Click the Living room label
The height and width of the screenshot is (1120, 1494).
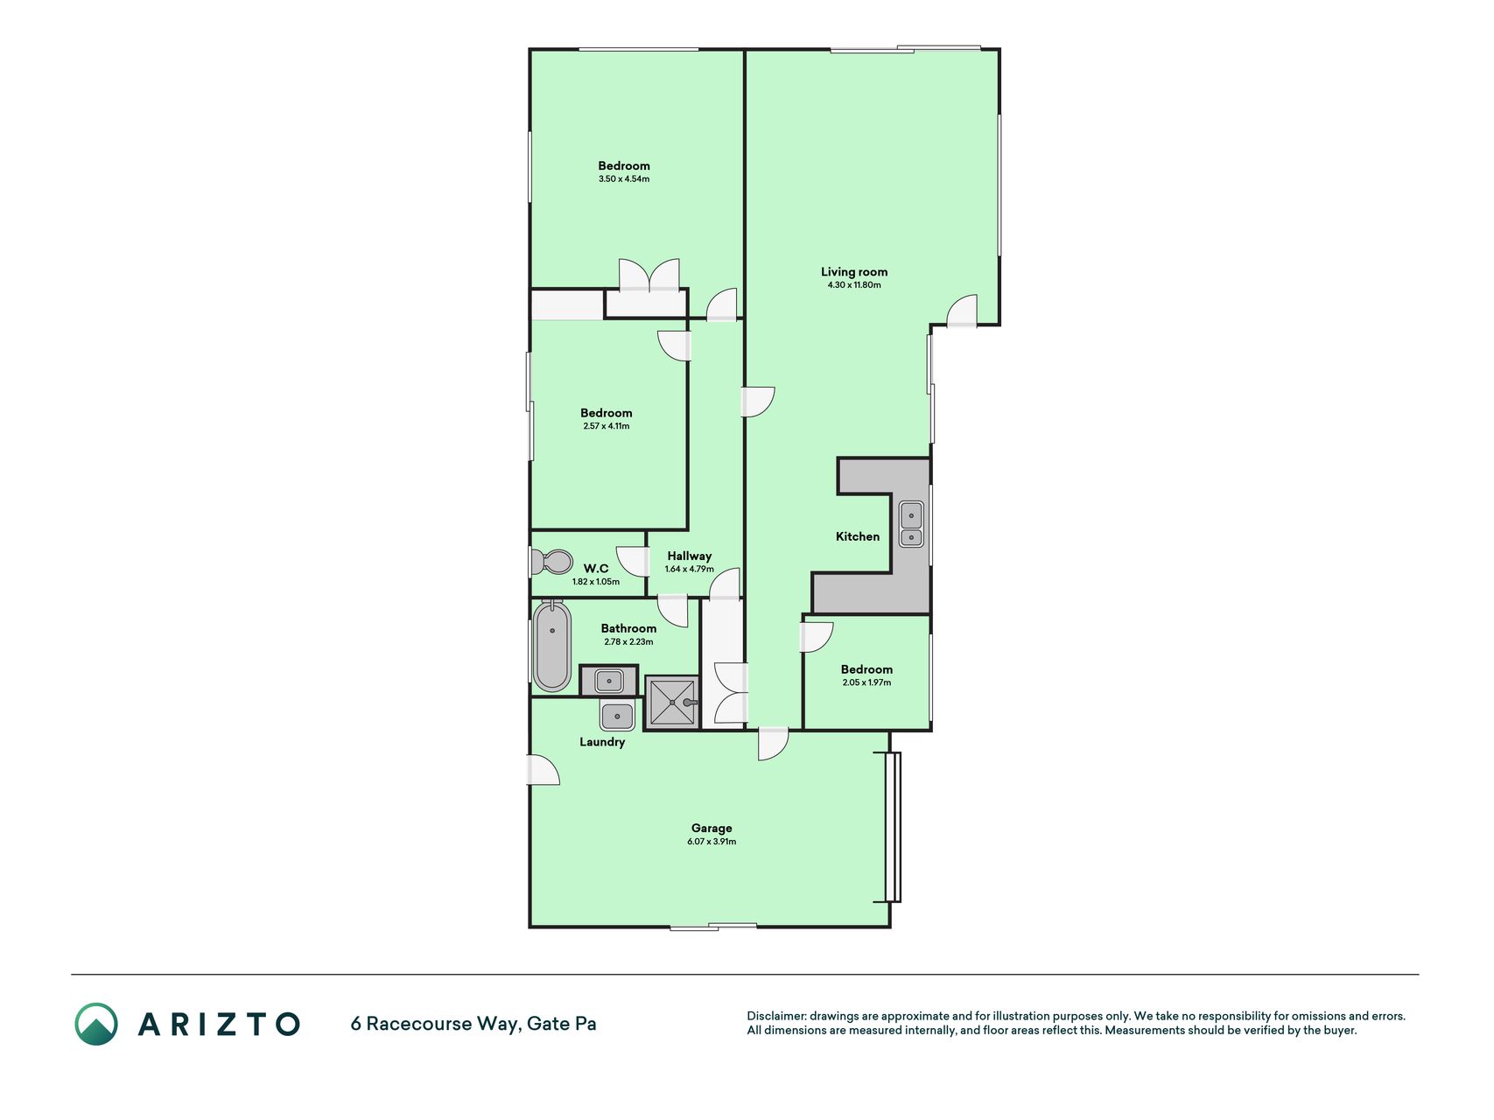coord(853,272)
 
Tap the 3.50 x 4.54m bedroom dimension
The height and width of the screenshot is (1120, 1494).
coord(624,179)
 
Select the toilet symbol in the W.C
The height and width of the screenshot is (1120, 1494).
coord(551,561)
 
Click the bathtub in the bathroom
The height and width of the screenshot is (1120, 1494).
coord(552,646)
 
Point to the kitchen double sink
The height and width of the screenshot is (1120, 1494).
coord(911,524)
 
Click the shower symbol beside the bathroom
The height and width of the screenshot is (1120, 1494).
coord(672,702)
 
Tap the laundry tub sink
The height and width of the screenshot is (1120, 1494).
coord(617,716)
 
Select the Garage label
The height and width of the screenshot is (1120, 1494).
coord(712,828)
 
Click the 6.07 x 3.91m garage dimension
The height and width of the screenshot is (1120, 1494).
coord(712,842)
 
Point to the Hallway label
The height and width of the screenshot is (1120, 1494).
coord(690,556)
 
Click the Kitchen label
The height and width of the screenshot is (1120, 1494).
coord(858,536)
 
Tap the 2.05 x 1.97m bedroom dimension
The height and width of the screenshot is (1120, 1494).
coord(866,683)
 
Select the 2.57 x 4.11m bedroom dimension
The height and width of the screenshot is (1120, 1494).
coord(607,427)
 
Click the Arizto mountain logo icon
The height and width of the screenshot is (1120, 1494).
coord(96,1024)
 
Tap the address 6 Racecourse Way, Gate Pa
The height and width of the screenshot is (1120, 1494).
coord(473,1024)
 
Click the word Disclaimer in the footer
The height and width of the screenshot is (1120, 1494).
coord(776,1017)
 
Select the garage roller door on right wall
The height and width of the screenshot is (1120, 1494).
coord(893,827)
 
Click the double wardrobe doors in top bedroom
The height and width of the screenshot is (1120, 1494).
coord(649,276)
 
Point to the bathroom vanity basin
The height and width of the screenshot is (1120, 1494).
coord(609,681)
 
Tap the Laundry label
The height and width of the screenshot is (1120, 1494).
coord(602,742)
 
